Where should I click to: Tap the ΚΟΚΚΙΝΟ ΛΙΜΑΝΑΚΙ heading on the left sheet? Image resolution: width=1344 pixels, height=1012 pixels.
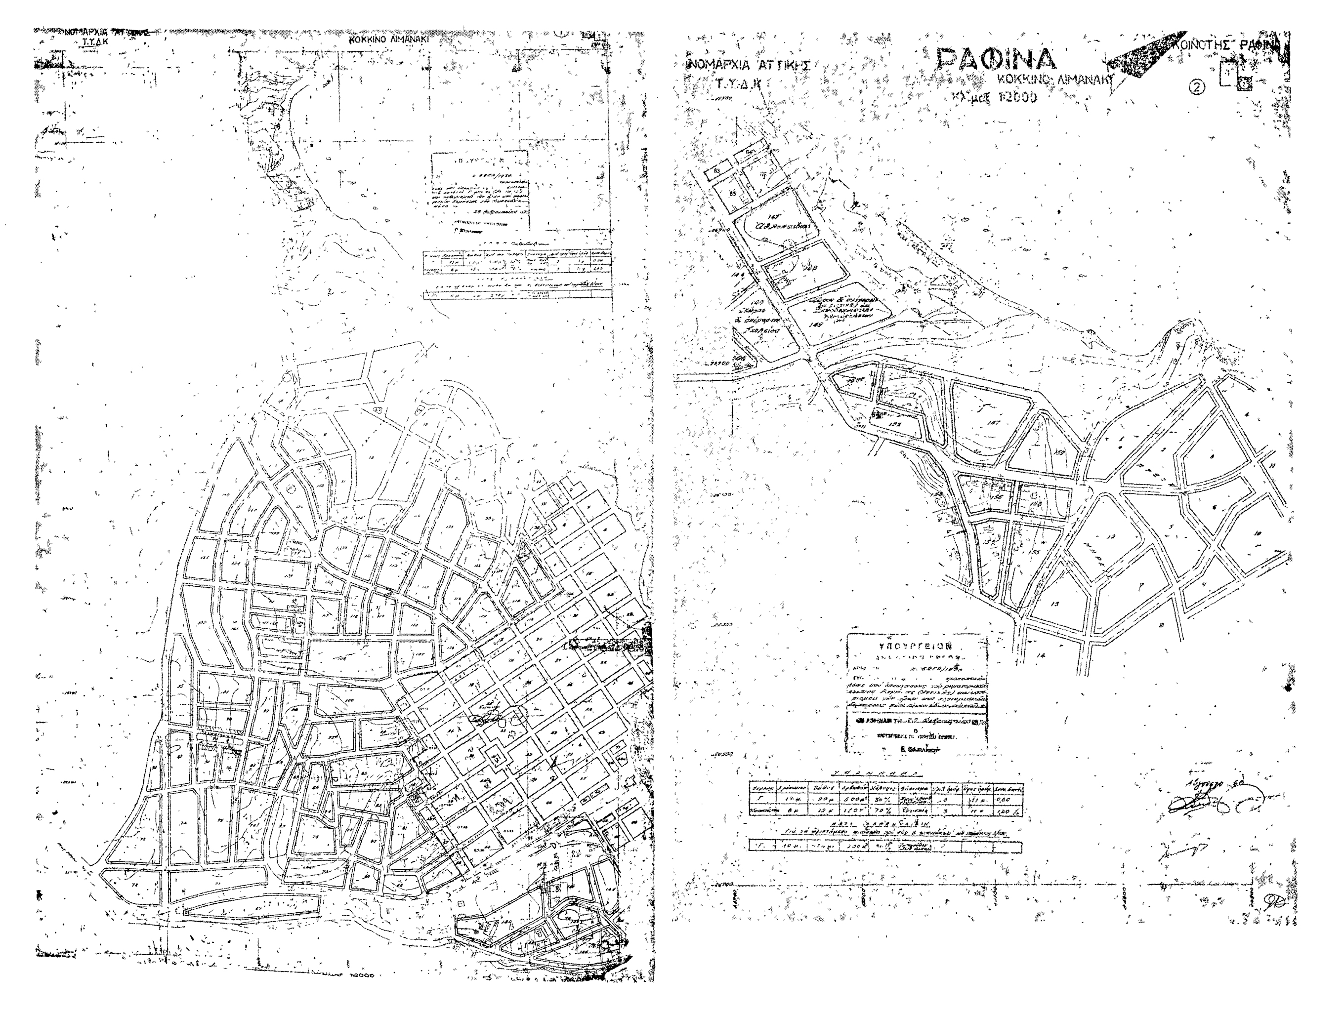tap(389, 38)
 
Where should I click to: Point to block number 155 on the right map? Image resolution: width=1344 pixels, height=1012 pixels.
tap(1035, 552)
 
